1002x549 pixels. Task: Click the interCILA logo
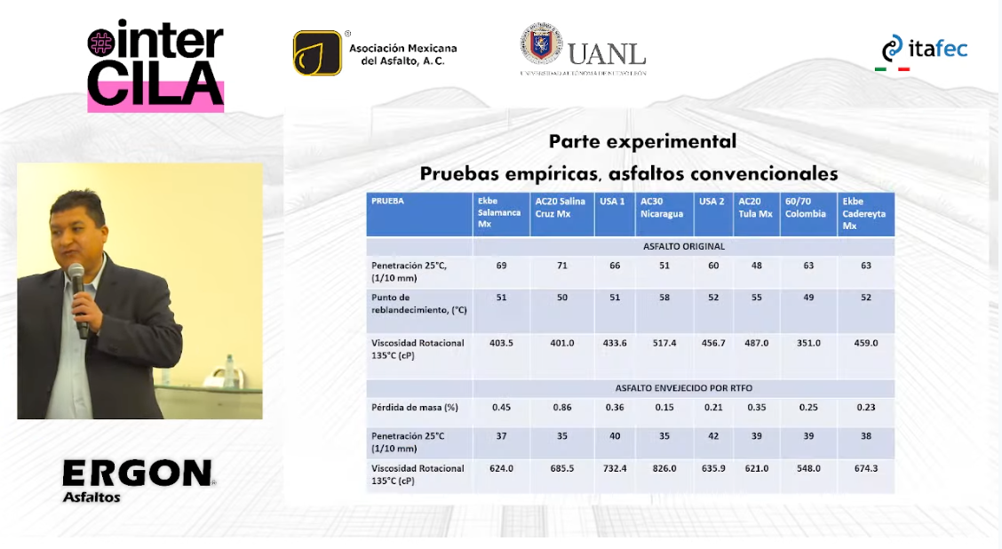coord(155,67)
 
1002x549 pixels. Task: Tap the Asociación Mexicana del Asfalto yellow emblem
coord(318,53)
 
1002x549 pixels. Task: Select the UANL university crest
coord(541,44)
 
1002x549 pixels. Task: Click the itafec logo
coord(925,52)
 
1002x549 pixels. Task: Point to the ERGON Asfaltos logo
coord(139,481)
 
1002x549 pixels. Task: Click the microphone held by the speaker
coord(78,299)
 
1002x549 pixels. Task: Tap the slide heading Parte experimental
coord(642,141)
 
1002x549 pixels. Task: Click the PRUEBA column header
coord(388,201)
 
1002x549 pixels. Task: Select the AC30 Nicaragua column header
coord(662,208)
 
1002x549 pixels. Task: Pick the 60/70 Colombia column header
coord(806,208)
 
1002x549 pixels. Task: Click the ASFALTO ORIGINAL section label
coord(684,246)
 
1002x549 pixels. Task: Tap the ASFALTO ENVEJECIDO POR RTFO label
coord(684,388)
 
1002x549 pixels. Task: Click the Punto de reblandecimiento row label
coord(419,304)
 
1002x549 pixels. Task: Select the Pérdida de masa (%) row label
coord(415,407)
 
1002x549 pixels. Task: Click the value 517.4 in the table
coord(664,343)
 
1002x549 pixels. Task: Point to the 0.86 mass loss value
coord(562,407)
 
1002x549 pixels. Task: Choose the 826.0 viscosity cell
coord(664,468)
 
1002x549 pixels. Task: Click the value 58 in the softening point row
coord(664,298)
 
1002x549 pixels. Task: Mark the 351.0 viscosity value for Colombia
coord(808,343)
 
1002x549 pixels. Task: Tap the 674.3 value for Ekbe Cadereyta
coord(866,468)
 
